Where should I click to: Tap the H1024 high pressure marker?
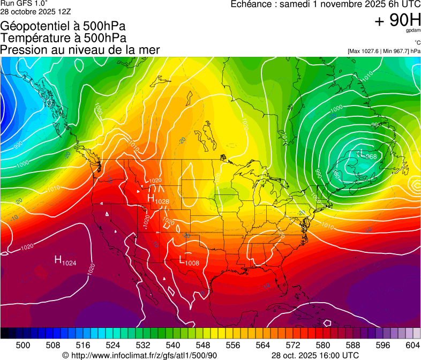coord(65,260)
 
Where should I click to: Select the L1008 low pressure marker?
coord(189,261)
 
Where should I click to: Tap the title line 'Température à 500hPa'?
coord(63,38)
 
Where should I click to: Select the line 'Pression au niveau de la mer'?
coord(80,50)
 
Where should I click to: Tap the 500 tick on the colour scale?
coord(23,344)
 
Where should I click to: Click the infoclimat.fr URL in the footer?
coord(140,355)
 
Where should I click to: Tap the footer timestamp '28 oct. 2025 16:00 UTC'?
coord(315,355)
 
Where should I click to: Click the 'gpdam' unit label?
coord(413,31)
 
